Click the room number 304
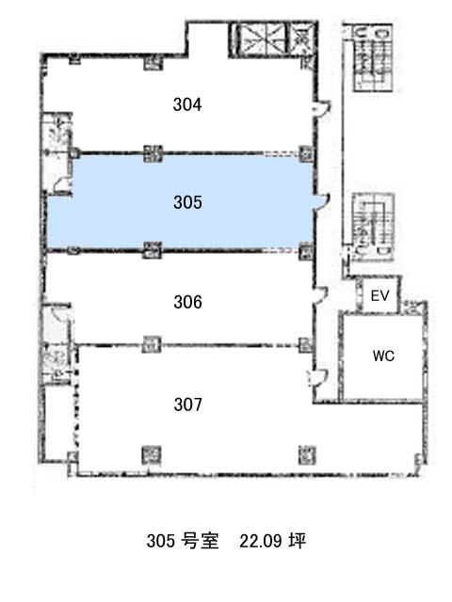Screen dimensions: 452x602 [x=187, y=104]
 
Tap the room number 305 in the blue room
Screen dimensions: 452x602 [x=187, y=202]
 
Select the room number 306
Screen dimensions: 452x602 [x=187, y=302]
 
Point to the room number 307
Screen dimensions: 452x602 [x=187, y=404]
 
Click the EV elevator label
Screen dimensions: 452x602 [x=379, y=295]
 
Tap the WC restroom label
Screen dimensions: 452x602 [x=383, y=356]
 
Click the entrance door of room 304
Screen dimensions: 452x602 [x=321, y=107]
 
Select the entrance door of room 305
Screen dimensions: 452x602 [x=321, y=202]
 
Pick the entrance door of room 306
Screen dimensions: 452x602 [x=320, y=295]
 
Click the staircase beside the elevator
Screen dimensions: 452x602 [x=373, y=227]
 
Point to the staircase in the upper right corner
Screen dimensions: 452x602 [x=373, y=57]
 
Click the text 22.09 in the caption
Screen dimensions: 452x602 [x=260, y=541]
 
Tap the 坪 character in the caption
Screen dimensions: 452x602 [x=298, y=541]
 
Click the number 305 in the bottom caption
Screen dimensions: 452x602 [x=161, y=541]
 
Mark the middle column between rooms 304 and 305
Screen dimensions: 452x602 [x=153, y=153]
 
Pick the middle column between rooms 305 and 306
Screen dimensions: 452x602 [x=153, y=250]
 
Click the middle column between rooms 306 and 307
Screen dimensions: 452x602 [x=152, y=344]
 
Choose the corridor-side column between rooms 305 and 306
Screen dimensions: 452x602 [x=306, y=251]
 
